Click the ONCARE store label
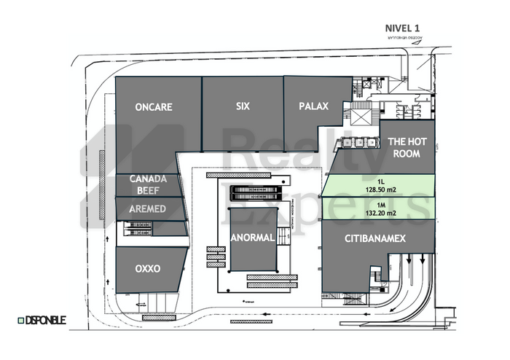(154, 106)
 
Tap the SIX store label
(243, 106)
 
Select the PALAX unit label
(313, 106)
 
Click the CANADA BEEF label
(149, 185)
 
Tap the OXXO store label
(147, 269)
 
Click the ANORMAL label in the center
(252, 238)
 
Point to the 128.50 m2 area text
(381, 188)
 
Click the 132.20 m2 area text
(381, 214)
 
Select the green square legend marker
(20, 320)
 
